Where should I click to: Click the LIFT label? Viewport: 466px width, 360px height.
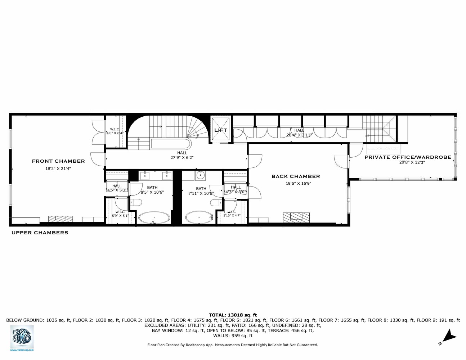point(221,130)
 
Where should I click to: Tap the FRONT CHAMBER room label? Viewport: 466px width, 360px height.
point(58,161)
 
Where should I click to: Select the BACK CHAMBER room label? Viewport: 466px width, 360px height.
point(296,176)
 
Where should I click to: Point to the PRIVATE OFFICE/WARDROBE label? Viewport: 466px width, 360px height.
point(408,157)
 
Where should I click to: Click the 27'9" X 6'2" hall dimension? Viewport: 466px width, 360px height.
point(182,157)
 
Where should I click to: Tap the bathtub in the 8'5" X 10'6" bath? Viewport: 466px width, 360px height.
point(154,217)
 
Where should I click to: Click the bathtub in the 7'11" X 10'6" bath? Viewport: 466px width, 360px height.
point(200,217)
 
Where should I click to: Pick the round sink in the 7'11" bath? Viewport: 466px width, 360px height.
point(200,176)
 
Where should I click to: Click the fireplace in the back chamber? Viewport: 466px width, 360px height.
point(296,217)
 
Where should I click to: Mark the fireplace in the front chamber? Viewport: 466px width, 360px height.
point(61,219)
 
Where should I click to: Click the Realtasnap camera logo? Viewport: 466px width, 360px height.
point(22,336)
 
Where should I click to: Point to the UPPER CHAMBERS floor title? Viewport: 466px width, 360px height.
point(40,233)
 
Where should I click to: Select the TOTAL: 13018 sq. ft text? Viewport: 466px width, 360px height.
point(233,315)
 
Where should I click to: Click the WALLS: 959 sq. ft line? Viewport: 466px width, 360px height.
point(233,336)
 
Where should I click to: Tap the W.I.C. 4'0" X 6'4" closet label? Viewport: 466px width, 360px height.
point(115,131)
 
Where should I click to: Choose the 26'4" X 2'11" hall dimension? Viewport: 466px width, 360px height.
point(299,135)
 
